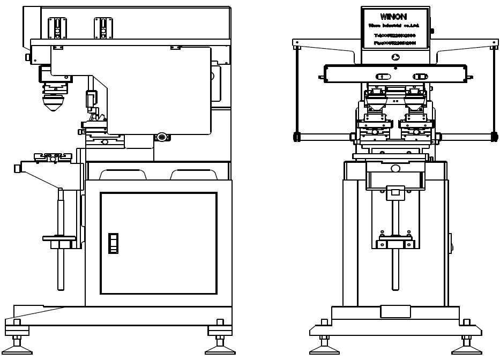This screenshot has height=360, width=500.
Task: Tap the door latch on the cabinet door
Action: [113, 243]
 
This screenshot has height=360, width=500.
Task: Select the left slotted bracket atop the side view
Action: [57, 28]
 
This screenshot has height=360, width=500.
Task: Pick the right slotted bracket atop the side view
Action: [103, 28]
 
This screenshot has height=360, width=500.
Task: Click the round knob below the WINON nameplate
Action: [395, 57]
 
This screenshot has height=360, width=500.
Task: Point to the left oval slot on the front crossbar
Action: [383, 77]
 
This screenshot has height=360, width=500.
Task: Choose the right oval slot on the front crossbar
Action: [420, 77]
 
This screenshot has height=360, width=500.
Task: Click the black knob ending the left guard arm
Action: [296, 137]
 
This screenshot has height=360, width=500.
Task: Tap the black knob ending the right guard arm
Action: [494, 137]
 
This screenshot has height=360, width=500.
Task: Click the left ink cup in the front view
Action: [376, 102]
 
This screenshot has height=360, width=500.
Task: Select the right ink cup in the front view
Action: [415, 102]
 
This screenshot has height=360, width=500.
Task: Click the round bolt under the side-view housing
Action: [161, 137]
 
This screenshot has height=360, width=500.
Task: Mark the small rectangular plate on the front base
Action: [395, 311]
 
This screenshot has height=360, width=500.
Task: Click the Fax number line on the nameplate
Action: [395, 42]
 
